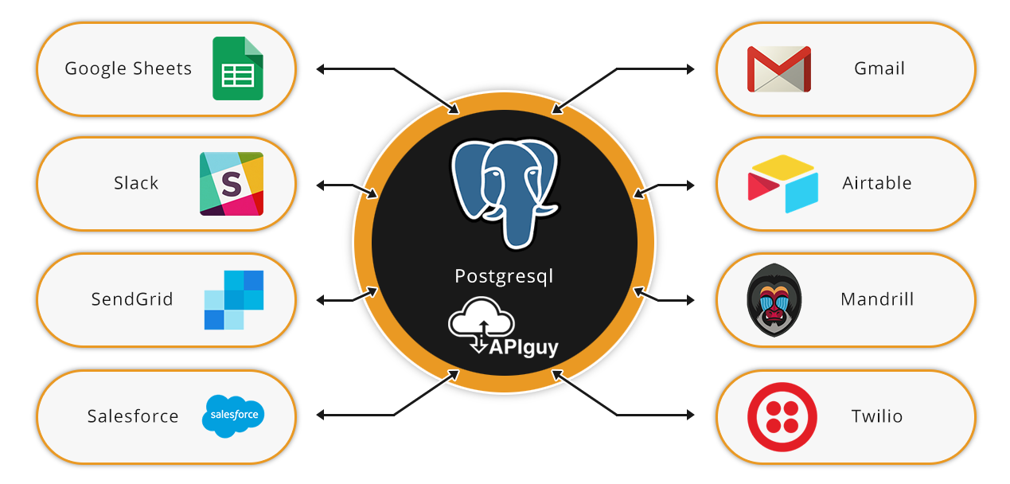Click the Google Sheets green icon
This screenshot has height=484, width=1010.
pos(238,68)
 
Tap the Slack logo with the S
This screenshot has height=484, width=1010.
pos(232,184)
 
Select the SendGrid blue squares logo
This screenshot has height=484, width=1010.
pos(234,300)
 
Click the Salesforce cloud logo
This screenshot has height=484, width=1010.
pos(233,416)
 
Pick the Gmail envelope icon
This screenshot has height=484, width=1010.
pos(779,69)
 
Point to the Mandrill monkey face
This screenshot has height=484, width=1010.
pos(774,300)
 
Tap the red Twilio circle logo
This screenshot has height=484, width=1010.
pos(782,417)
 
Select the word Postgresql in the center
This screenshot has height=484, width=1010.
pos(504,276)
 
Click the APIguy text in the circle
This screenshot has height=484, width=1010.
pos(524,348)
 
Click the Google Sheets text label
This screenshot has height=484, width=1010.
pos(128,69)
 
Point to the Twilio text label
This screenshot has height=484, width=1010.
pos(877,416)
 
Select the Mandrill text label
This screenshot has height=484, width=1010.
pos(877,299)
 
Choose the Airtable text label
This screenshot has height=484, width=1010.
pos(877,183)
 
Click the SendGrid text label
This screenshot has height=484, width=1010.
pos(132,299)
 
